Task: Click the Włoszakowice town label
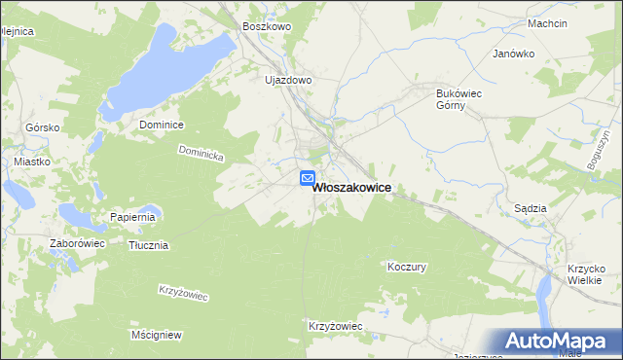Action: [x=352, y=192]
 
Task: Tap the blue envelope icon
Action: [x=307, y=178]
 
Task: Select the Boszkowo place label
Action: [x=267, y=27]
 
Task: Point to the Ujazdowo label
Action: [x=288, y=80]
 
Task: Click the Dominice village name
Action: [x=162, y=125]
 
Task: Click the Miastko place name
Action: [x=31, y=162]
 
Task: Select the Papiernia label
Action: [x=132, y=217]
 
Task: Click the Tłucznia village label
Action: [x=148, y=245]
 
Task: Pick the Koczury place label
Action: [x=407, y=267]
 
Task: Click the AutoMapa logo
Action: [x=556, y=341]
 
